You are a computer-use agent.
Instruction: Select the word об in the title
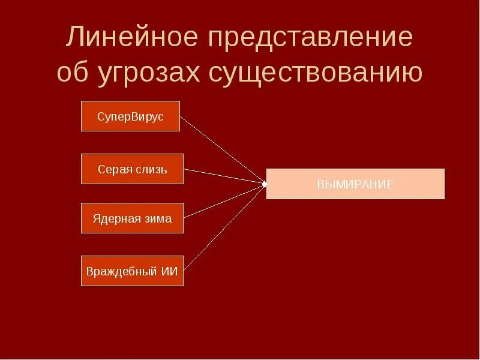73,73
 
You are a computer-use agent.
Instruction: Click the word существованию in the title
316,73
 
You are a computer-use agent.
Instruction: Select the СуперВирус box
130,116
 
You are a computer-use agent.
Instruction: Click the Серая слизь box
132,169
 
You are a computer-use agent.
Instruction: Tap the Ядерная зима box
132,218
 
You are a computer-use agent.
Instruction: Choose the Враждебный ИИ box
132,271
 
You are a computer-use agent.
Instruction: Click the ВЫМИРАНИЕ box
355,184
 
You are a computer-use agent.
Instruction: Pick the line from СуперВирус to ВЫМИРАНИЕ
222,150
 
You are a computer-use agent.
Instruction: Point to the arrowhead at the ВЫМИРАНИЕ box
264,184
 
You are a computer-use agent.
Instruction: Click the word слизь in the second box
152,169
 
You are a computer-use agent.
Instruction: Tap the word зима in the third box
158,218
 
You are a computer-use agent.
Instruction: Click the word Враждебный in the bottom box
122,271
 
